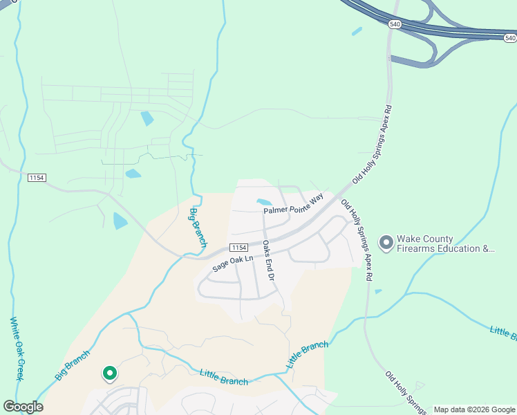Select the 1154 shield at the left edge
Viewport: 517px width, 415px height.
pyautogui.click(x=37, y=178)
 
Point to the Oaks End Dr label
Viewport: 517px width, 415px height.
pyautogui.click(x=269, y=260)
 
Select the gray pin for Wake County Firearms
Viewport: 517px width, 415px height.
pyautogui.click(x=386, y=243)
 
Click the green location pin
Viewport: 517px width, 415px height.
pyautogui.click(x=109, y=373)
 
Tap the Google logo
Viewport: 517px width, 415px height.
pyautogui.click(x=23, y=407)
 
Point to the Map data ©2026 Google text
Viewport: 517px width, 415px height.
pyautogui.click(x=473, y=409)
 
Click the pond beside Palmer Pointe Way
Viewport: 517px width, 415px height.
pyautogui.click(x=264, y=203)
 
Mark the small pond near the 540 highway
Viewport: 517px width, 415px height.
pyautogui.click(x=357, y=31)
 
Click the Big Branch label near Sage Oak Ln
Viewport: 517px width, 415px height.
pyautogui.click(x=198, y=228)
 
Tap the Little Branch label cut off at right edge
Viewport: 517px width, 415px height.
pyautogui.click(x=503, y=333)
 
